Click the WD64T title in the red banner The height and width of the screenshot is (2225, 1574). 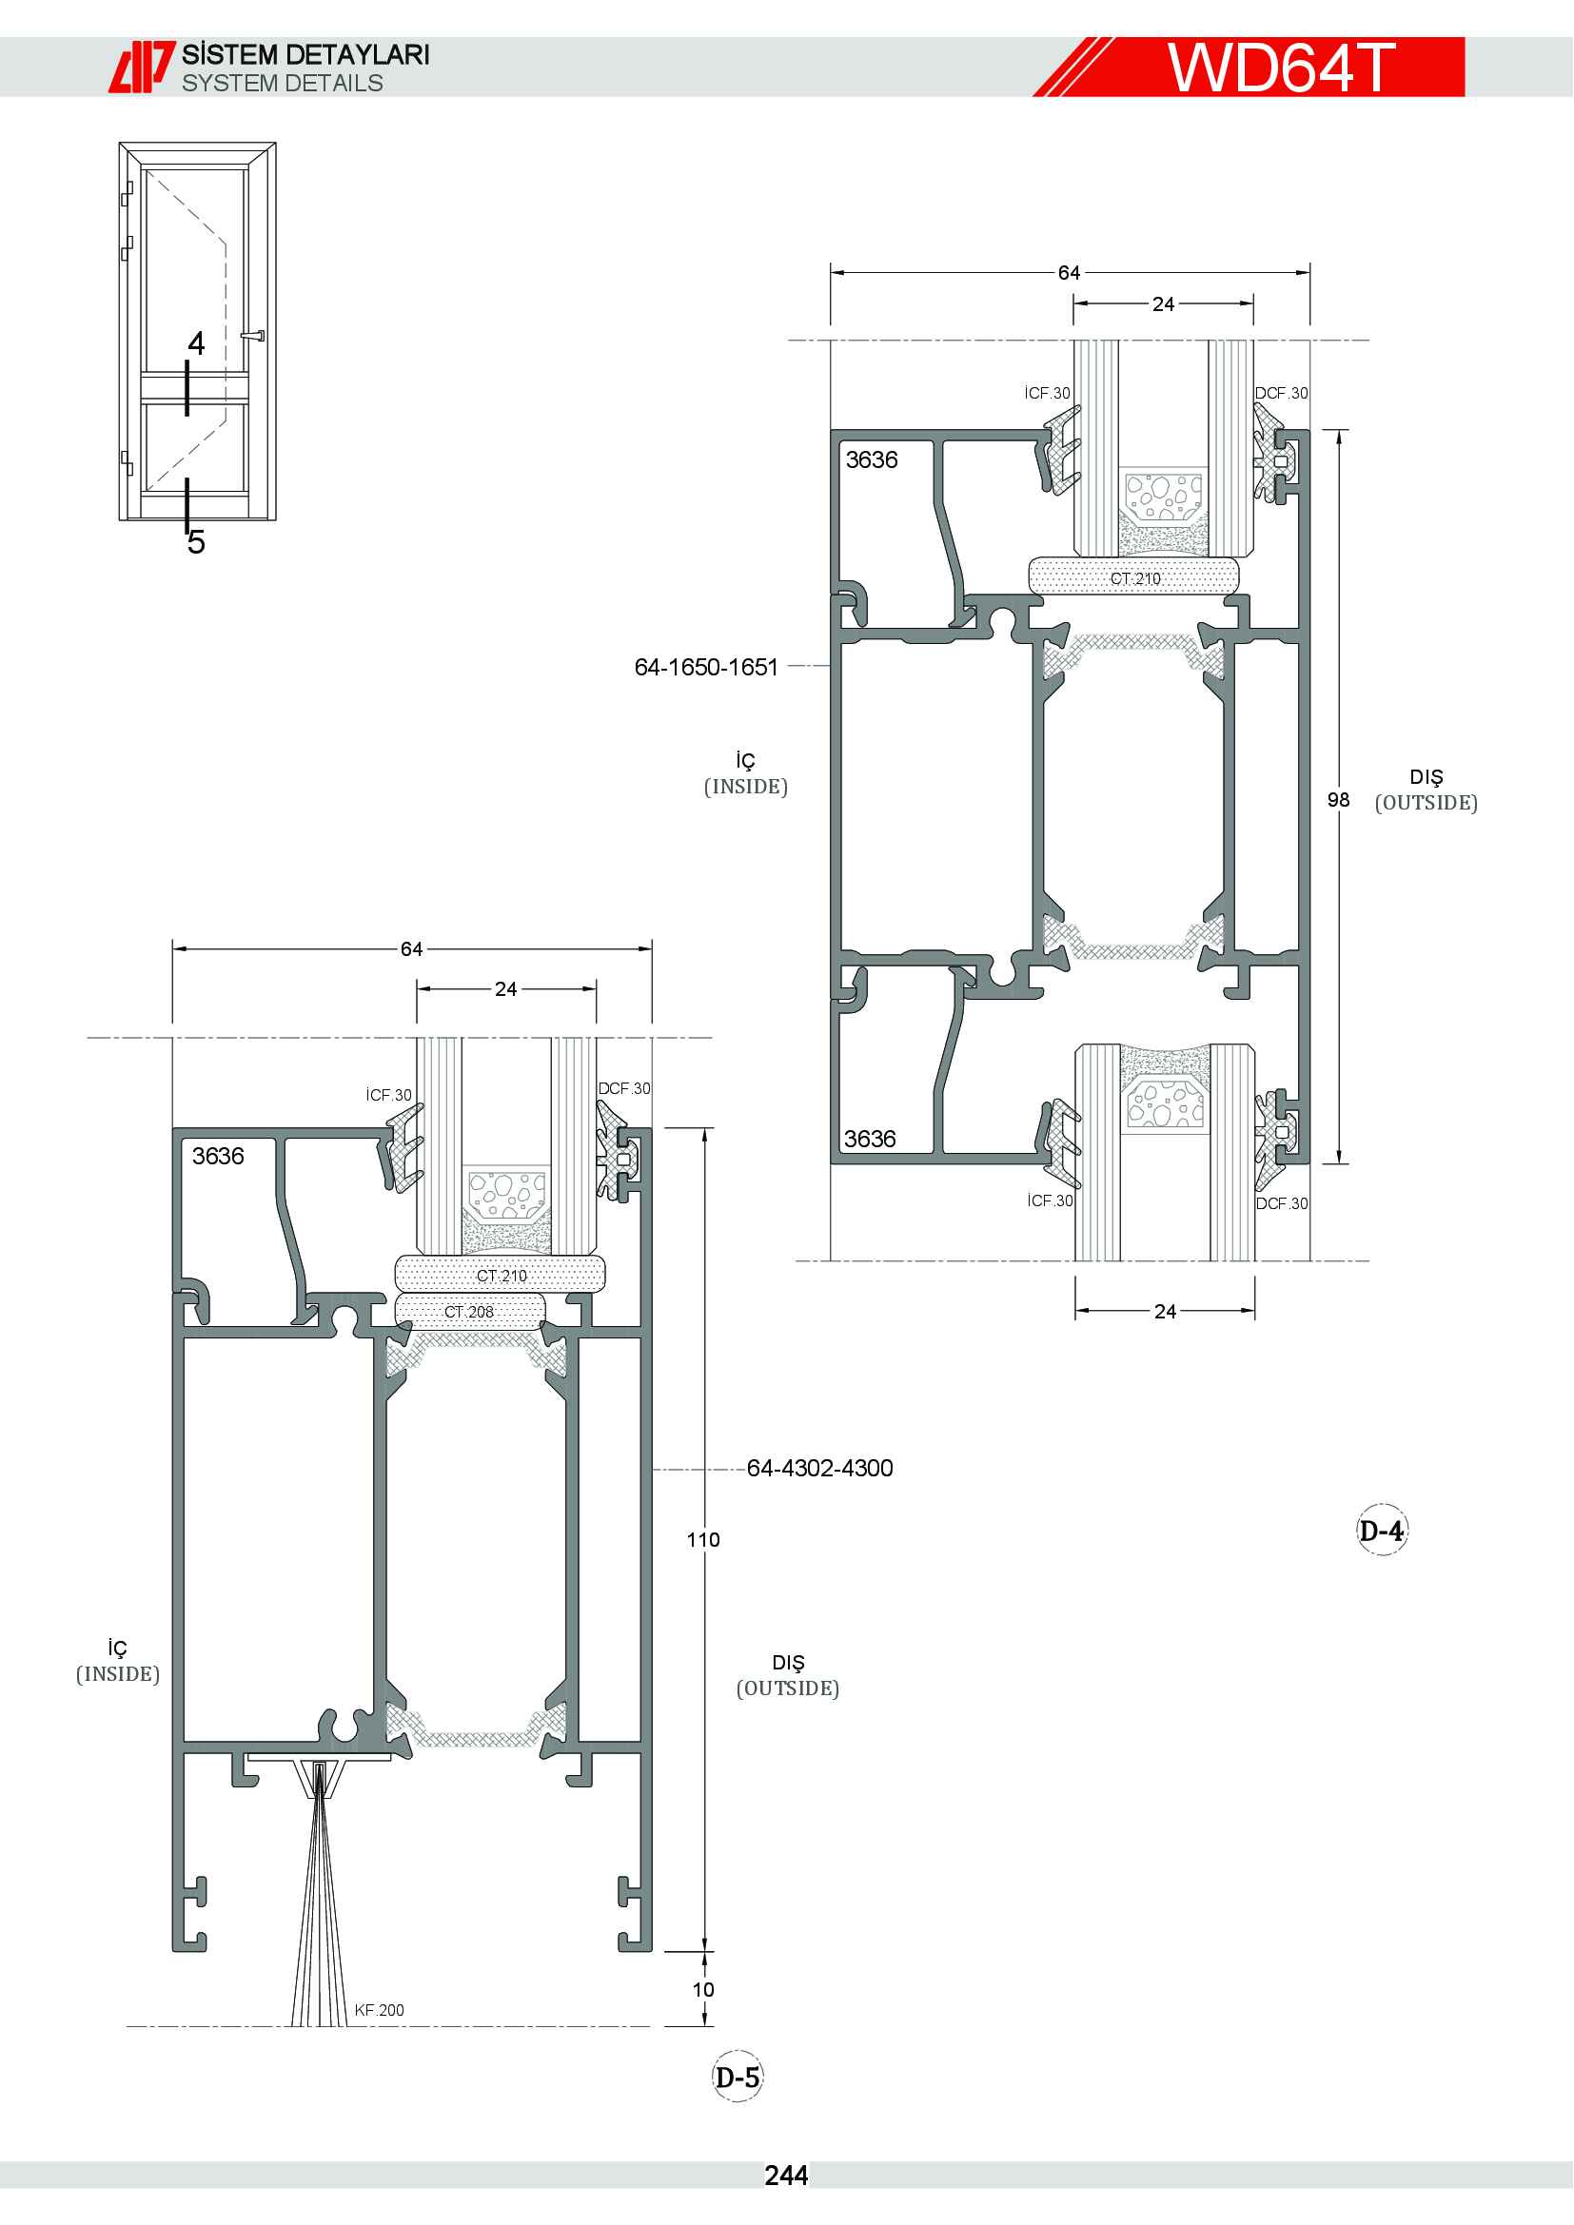point(1280,67)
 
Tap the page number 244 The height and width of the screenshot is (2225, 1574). point(786,2176)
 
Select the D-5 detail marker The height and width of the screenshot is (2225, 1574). point(738,2077)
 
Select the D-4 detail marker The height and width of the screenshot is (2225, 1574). point(1381,1531)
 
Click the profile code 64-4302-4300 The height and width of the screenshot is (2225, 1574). point(820,1468)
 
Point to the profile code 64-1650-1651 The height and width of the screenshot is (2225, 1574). point(705,667)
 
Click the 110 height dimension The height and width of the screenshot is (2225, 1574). point(703,1540)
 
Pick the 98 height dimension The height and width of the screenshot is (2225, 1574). point(1339,799)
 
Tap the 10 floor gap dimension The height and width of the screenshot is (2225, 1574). point(703,1989)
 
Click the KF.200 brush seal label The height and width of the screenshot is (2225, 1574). point(379,2010)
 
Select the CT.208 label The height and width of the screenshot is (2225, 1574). point(469,1311)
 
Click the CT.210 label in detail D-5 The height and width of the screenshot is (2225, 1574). point(502,1276)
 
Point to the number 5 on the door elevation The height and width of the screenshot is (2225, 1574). point(197,541)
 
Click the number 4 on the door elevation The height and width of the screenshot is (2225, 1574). point(197,343)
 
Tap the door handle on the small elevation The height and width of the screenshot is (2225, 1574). point(253,336)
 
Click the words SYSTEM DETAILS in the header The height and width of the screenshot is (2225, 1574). point(282,84)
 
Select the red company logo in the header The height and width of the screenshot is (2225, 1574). point(142,67)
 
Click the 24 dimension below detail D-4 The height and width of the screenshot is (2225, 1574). point(1165,1311)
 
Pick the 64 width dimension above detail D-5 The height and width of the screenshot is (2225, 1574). point(412,948)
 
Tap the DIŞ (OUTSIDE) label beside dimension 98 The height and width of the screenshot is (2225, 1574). point(1426,790)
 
